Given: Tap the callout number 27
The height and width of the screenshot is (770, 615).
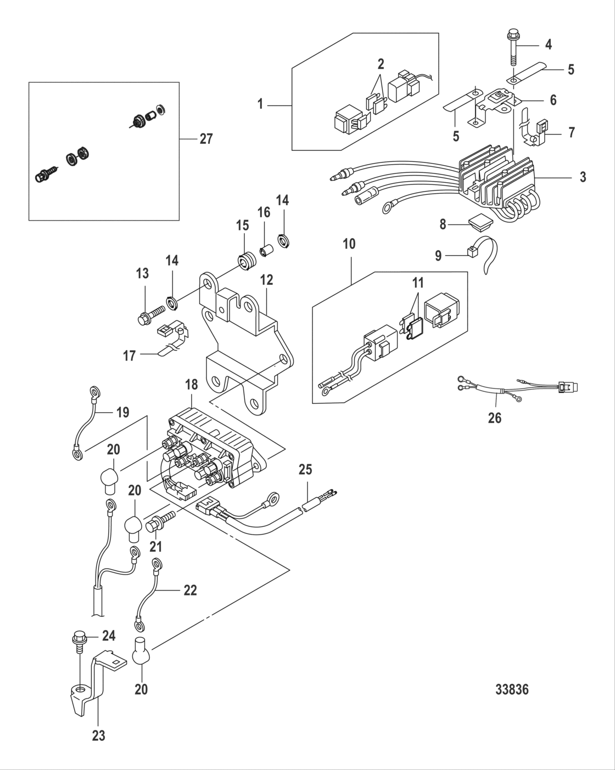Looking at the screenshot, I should [x=205, y=139].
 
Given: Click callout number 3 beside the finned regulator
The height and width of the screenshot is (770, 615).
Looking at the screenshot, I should [x=583, y=177].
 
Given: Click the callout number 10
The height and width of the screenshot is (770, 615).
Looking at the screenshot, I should [x=349, y=244].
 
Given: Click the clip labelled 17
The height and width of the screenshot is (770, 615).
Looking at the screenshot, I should [x=170, y=347].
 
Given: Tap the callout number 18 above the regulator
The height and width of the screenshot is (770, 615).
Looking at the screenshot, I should [x=191, y=385].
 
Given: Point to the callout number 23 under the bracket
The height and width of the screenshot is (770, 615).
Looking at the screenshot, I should [x=98, y=736].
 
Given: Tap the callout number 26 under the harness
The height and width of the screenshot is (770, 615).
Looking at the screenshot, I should [x=495, y=418].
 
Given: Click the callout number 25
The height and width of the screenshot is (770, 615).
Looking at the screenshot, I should [x=305, y=470].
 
